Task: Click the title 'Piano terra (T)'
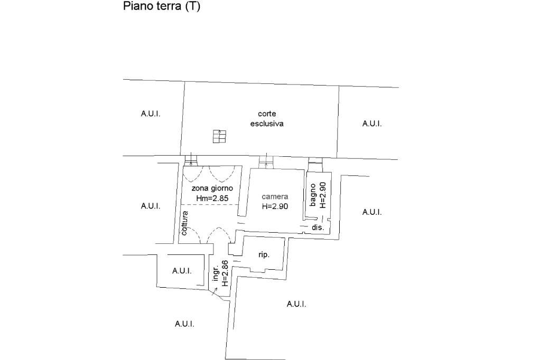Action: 162,6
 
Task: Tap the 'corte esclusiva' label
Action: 267,119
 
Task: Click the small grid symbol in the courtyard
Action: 219,136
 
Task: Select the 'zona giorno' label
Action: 212,188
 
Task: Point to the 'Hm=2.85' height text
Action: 212,198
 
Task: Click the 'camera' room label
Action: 275,196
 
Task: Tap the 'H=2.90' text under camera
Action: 275,206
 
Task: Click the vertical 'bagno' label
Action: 313,195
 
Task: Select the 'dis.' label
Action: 318,228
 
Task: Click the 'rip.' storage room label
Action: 264,255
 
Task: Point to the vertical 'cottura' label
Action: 184,223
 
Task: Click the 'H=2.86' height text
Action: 225,273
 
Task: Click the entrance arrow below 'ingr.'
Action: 214,291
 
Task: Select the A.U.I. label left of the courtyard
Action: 151,113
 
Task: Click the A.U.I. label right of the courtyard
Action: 372,124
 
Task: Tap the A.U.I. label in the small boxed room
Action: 182,271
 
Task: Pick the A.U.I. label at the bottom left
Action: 184,324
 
